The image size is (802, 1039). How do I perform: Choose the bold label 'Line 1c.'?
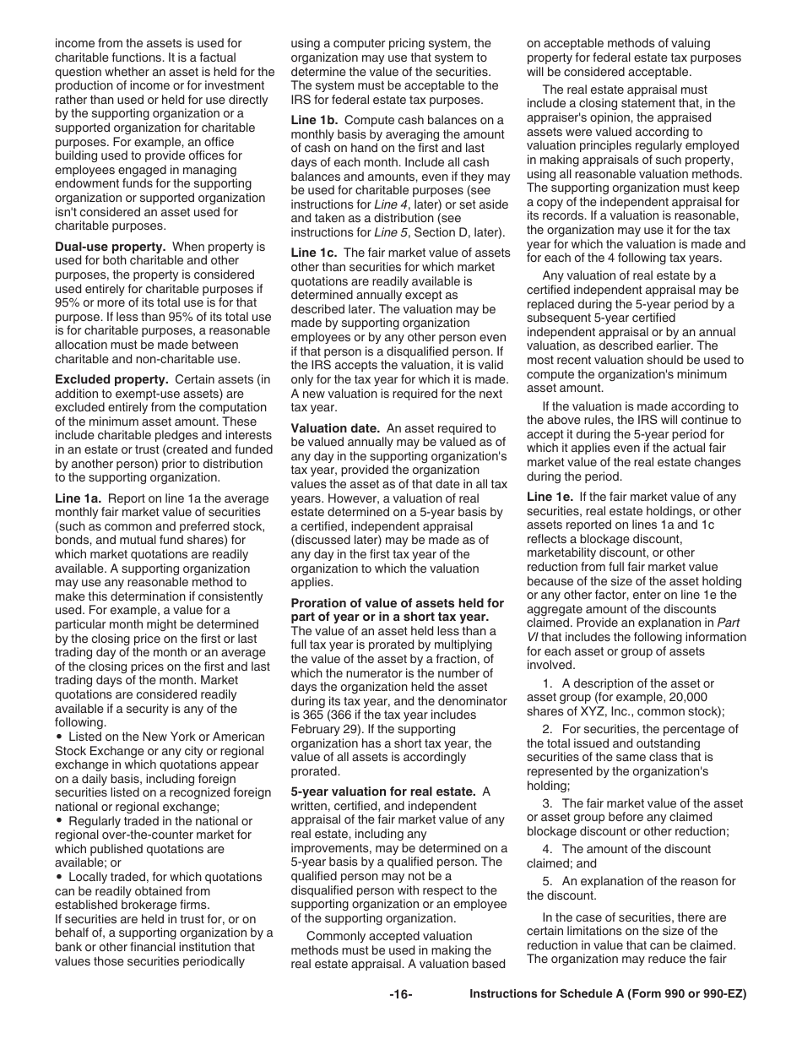(314, 253)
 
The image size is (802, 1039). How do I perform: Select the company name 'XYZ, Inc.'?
(595, 711)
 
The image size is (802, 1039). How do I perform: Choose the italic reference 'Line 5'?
(390, 232)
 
